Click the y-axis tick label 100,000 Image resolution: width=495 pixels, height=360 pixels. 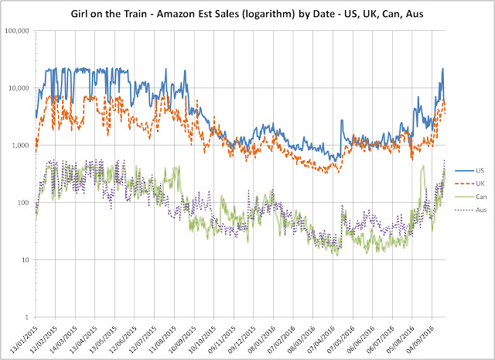pos(17,31)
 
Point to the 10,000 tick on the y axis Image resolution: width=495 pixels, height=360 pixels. pos(19,88)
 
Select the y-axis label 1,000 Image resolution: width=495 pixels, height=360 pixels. pos(21,146)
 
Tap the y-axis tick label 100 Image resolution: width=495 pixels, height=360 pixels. pos(24,203)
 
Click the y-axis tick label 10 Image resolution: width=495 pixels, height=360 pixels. pos(26,260)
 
